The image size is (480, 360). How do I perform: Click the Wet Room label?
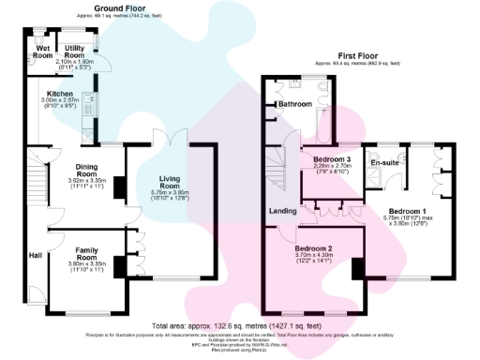coord(43,51)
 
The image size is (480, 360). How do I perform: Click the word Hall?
coord(35,255)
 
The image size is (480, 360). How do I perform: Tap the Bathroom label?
coord(293,104)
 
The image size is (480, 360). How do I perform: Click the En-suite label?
coord(385,163)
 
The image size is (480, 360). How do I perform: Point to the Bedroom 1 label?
coord(408,211)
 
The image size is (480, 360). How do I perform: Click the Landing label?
coord(283,211)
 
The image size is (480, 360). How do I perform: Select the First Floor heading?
coord(357,56)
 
